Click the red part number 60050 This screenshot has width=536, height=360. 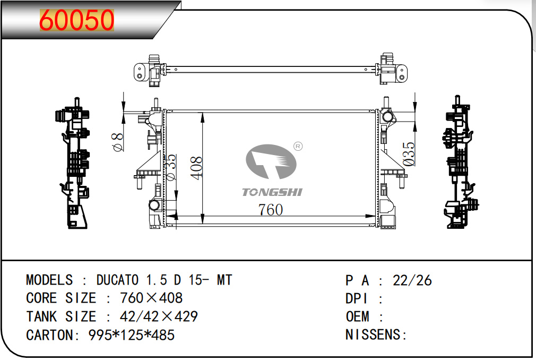point(76,20)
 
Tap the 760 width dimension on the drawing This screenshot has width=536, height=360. point(271,210)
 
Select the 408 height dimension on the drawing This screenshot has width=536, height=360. point(196,168)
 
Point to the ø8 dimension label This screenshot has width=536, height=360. point(117,142)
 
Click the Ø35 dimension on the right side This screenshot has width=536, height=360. point(409,154)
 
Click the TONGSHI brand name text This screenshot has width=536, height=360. point(272,193)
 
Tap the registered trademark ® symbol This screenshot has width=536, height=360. point(298,147)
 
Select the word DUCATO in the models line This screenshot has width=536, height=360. point(117,280)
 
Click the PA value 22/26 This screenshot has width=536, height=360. point(412,280)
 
